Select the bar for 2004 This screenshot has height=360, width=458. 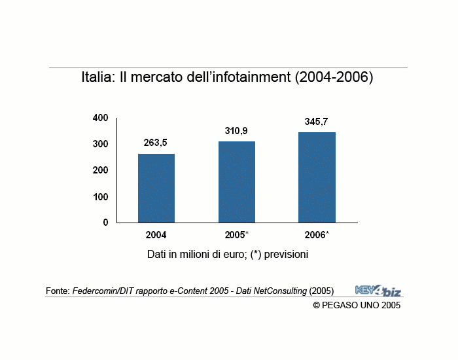point(156,189)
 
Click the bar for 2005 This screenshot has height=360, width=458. point(237,182)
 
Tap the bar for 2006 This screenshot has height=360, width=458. point(317,177)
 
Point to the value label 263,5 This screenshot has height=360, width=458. point(156,142)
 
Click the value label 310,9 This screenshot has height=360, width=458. point(236,131)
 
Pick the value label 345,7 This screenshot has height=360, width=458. point(317,122)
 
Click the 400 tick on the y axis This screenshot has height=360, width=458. point(100,118)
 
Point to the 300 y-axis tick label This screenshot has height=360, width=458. point(100,144)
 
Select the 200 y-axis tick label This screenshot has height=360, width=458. point(100,170)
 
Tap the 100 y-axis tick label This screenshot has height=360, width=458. point(100,196)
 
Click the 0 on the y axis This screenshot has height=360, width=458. point(105,223)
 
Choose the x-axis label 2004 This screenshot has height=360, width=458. point(156,235)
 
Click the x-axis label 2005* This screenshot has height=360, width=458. point(237,235)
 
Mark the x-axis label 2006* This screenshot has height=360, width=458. point(317,235)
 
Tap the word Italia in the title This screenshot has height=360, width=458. point(97,77)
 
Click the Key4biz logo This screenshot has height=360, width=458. point(378,290)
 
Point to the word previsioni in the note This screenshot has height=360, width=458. point(282,254)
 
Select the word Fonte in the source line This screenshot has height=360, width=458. point(57,291)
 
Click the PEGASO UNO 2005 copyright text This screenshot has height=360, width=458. point(357,305)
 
